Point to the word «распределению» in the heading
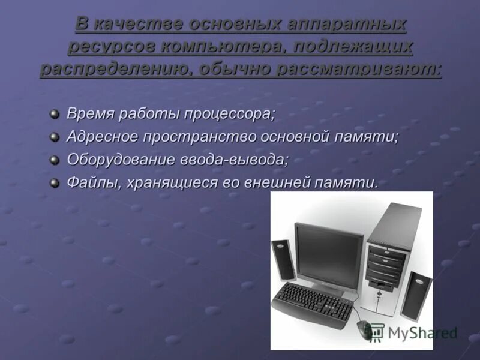[115, 68]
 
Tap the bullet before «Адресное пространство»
[55, 136]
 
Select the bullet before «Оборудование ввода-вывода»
[55, 160]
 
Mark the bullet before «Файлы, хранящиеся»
[55, 182]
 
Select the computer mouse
[365, 329]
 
